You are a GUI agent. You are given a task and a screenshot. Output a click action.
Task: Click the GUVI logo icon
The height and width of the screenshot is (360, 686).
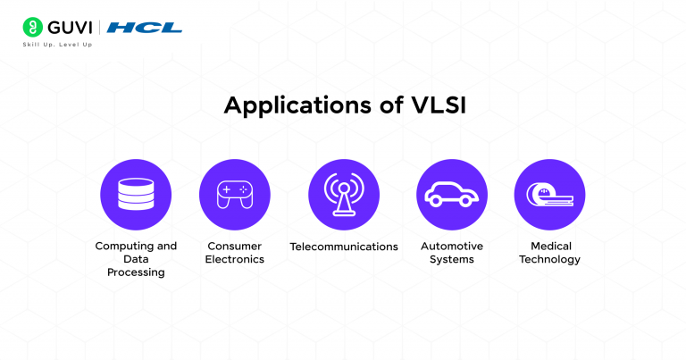click(32, 27)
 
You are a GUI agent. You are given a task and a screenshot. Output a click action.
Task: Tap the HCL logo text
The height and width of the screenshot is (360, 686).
click(144, 28)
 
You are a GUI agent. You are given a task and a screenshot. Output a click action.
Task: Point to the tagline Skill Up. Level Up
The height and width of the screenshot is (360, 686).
click(57, 45)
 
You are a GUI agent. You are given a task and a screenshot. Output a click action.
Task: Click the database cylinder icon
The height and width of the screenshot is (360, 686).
click(135, 195)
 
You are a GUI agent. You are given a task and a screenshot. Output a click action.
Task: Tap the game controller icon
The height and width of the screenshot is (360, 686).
click(235, 195)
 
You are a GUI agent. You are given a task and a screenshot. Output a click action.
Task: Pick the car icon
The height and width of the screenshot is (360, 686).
click(451, 195)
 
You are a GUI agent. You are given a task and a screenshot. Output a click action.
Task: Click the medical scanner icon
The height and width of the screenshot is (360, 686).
click(549, 195)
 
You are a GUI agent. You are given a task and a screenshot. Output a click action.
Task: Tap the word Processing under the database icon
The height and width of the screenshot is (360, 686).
click(136, 272)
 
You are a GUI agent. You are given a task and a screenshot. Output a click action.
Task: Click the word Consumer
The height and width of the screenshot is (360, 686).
click(235, 246)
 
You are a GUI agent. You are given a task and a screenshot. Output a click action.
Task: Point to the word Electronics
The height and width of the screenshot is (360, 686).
click(235, 259)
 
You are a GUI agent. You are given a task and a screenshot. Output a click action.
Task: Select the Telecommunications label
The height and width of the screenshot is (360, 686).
click(344, 247)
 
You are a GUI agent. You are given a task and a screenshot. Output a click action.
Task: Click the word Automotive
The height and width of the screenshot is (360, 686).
click(451, 246)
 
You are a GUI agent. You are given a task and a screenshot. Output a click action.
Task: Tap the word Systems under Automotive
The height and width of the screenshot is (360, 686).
click(451, 259)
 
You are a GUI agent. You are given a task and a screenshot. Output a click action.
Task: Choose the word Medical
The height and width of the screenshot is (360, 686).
click(549, 246)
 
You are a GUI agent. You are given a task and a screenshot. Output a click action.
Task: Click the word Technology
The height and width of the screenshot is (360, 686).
click(549, 259)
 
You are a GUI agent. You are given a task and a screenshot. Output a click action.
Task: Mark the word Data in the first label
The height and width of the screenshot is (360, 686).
click(136, 259)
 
